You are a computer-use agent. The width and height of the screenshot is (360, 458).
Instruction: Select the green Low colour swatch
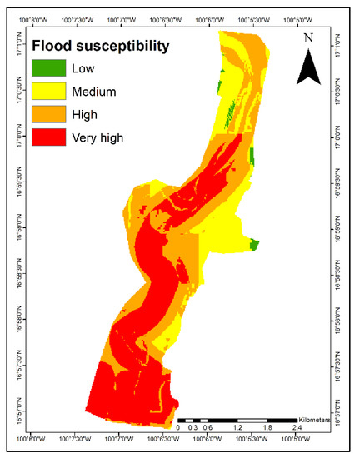tap(47, 68)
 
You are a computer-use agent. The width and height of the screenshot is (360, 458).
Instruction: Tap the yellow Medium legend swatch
tap(47, 92)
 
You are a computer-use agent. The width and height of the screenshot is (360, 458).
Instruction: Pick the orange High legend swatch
tap(47, 115)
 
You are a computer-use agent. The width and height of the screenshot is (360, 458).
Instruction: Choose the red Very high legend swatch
tap(47, 138)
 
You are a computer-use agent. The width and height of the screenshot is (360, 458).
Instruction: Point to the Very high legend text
tap(97, 138)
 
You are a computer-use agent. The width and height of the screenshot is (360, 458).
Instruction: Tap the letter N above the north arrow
tap(309, 38)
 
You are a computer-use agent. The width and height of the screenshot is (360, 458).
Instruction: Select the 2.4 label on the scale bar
tap(297, 428)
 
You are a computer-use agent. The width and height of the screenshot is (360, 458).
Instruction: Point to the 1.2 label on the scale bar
tap(237, 428)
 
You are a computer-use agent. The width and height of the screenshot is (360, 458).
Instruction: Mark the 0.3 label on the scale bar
tap(192, 428)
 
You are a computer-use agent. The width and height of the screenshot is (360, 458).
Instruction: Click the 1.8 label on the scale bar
tap(267, 428)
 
